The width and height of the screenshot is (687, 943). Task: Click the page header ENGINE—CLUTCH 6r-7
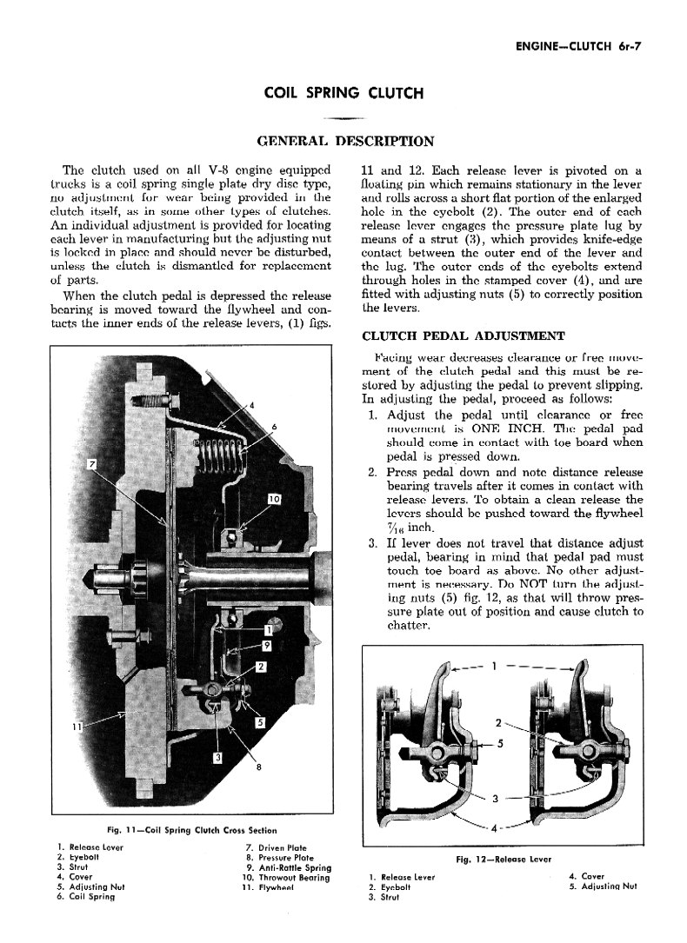click(571, 47)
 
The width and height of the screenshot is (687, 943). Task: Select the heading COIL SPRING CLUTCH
click(343, 93)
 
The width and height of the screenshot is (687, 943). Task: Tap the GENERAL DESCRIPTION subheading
click(344, 141)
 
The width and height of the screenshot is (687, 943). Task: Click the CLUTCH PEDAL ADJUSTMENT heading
click(464, 335)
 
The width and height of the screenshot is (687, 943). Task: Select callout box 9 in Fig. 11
click(267, 644)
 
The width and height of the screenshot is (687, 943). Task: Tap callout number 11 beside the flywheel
click(77, 727)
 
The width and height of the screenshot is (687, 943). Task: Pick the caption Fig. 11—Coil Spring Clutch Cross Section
click(192, 830)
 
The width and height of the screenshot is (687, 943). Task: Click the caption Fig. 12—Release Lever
click(504, 860)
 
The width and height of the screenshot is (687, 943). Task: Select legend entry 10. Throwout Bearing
click(287, 878)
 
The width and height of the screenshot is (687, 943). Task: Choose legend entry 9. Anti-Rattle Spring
click(288, 867)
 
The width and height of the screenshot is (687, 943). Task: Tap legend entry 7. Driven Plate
click(277, 847)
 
